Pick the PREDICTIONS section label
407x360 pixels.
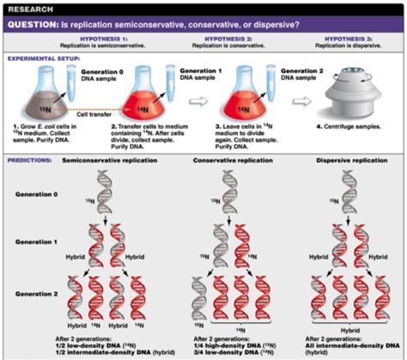pos(26,161)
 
